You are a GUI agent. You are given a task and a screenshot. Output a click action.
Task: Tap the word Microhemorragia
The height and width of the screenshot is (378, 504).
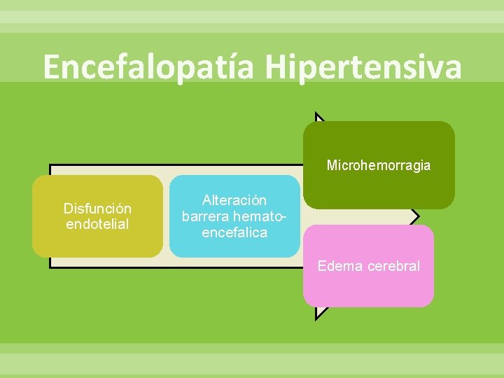pyautogui.click(x=379, y=166)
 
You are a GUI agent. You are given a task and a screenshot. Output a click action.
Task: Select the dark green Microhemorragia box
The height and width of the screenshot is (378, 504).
pyautogui.click(x=379, y=189)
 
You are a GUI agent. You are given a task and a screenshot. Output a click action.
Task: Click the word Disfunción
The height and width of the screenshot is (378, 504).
pyautogui.click(x=97, y=209)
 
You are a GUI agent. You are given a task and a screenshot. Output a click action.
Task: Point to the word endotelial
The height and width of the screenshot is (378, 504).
pyautogui.click(x=97, y=224)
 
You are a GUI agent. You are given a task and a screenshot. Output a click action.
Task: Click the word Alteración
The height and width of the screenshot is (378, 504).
pyautogui.click(x=234, y=201)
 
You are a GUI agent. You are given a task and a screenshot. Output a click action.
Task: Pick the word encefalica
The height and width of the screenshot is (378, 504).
pyautogui.click(x=234, y=232)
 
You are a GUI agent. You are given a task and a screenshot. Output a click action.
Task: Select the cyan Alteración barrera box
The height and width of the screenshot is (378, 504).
pyautogui.click(x=234, y=248)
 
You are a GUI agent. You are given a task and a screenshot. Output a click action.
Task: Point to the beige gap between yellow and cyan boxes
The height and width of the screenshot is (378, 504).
pyautogui.click(x=166, y=216)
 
